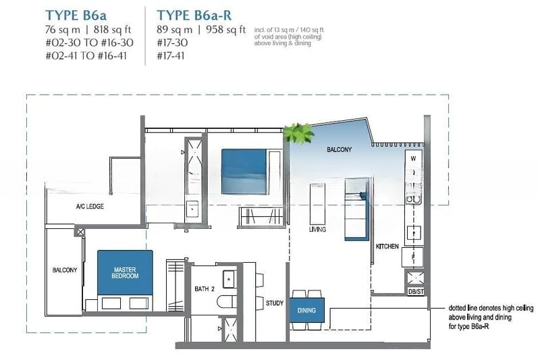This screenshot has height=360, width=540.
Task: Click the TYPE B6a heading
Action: (76, 16)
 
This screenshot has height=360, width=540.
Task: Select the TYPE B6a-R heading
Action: (194, 16)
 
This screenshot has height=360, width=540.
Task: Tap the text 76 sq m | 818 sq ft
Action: (88, 30)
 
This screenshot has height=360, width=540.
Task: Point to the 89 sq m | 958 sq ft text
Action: (201, 30)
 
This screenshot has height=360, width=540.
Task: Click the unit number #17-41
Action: (171, 55)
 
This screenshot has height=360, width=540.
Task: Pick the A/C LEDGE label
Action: (90, 207)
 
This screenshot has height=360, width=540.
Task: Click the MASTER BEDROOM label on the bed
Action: (125, 272)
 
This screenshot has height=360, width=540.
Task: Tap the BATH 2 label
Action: (205, 288)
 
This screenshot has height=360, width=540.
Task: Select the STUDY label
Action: (275, 303)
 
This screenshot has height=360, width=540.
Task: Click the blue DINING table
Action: (307, 311)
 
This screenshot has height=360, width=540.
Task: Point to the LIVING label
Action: (317, 230)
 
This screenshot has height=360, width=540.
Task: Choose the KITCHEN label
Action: (387, 247)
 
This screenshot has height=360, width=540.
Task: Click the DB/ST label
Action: (416, 292)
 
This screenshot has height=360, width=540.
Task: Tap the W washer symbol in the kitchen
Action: (413, 159)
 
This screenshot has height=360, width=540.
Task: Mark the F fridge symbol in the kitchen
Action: (413, 257)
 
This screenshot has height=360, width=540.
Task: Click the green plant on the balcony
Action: (298, 133)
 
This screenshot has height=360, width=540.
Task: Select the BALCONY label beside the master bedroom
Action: (65, 270)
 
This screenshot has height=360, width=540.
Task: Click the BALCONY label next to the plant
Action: (340, 149)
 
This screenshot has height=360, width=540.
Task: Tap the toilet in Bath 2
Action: (227, 302)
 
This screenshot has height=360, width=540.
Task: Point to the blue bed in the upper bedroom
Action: (244, 171)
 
